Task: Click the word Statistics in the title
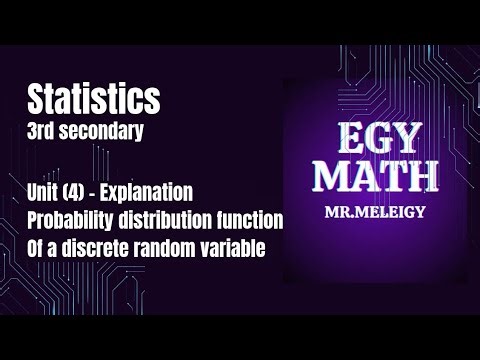94,98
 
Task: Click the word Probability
76,219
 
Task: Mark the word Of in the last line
39,248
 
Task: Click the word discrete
104,248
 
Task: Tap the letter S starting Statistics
37,98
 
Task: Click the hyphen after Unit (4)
102,190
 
